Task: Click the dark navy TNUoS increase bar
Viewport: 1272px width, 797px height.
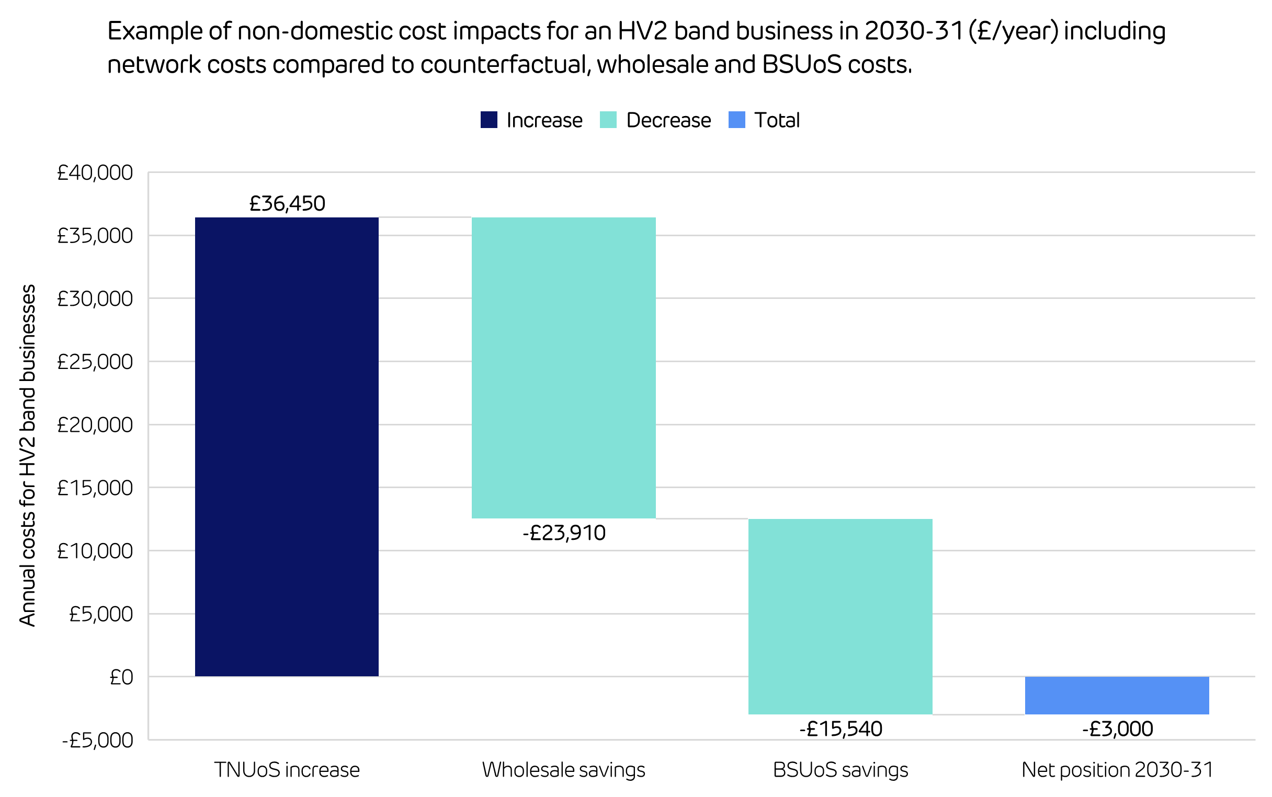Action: pyautogui.click(x=287, y=446)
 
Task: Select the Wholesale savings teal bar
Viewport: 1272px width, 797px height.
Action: pyautogui.click(x=563, y=367)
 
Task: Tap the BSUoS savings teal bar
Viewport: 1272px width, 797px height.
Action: pyautogui.click(x=840, y=616)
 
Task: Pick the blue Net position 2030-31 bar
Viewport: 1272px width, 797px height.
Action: pyautogui.click(x=1117, y=695)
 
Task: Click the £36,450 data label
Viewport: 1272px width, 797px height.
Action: pyautogui.click(x=287, y=203)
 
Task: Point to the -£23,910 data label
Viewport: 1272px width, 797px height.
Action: pyautogui.click(x=563, y=533)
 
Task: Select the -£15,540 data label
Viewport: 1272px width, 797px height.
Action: pyautogui.click(x=840, y=729)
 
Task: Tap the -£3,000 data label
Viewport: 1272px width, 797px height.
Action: pyautogui.click(x=1117, y=729)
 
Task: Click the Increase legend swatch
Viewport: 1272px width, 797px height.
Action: pyautogui.click(x=489, y=120)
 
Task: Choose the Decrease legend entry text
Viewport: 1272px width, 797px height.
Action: pyautogui.click(x=668, y=120)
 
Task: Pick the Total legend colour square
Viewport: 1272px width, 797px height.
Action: pyautogui.click(x=736, y=120)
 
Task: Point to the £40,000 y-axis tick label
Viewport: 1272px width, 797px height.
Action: pyautogui.click(x=95, y=173)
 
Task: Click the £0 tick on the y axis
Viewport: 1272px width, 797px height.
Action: pyautogui.click(x=121, y=677)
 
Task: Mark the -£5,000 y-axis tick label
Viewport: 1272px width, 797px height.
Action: pyautogui.click(x=98, y=741)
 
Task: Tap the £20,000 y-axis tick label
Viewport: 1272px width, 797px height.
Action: pyautogui.click(x=95, y=425)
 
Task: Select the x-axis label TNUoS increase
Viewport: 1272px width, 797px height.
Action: pyautogui.click(x=287, y=770)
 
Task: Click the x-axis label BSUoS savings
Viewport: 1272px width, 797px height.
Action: pyautogui.click(x=840, y=770)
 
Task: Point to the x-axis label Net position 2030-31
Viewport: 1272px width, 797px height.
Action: pyautogui.click(x=1117, y=770)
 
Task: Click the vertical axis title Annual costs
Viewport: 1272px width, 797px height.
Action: pyautogui.click(x=27, y=455)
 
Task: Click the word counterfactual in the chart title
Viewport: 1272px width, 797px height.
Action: pyautogui.click(x=505, y=65)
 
